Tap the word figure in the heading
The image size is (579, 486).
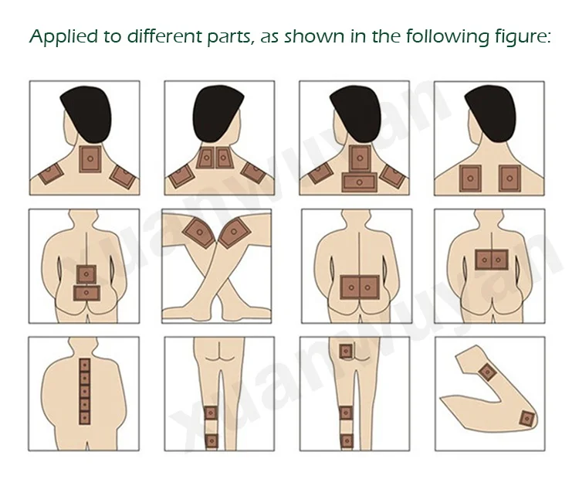click(523, 37)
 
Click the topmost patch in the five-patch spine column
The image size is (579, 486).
click(85, 365)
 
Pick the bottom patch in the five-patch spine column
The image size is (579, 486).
click(85, 417)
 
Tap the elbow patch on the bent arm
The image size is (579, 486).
click(527, 419)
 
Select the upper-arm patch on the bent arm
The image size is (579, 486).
click(487, 372)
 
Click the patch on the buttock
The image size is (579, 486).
click(346, 351)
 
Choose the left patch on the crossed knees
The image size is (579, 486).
click(198, 232)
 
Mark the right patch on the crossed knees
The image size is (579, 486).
click(235, 233)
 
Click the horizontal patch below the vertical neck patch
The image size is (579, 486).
click(359, 182)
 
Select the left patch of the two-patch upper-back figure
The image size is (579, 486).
click(470, 178)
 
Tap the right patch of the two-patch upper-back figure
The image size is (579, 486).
click(510, 178)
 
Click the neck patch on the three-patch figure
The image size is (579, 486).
click(90, 159)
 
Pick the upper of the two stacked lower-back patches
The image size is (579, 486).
click(86, 274)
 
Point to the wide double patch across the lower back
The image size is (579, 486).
click(360, 287)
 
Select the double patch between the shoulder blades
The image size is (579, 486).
click(492, 260)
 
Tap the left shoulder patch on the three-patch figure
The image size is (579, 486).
click(51, 173)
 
